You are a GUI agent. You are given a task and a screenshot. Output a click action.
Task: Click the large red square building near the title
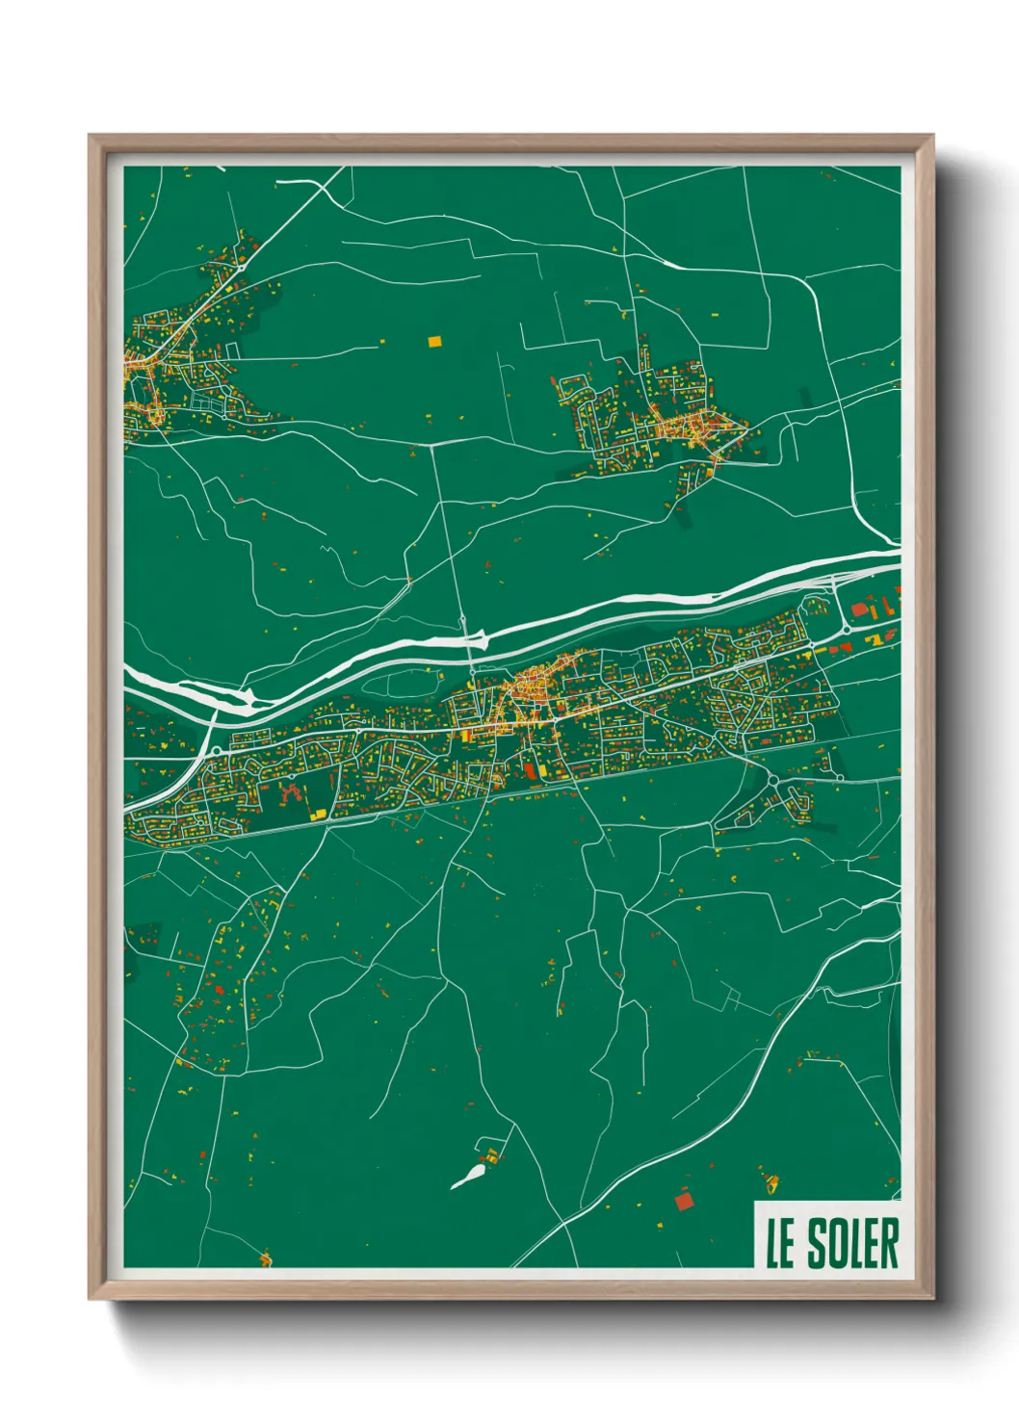point(684,1200)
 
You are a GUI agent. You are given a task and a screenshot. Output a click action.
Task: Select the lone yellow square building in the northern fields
point(433,340)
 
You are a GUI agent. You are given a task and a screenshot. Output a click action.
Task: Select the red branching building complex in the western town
point(287,791)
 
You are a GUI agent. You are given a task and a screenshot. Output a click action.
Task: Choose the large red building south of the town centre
point(531,769)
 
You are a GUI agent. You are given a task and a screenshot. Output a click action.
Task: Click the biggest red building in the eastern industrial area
point(859,609)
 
